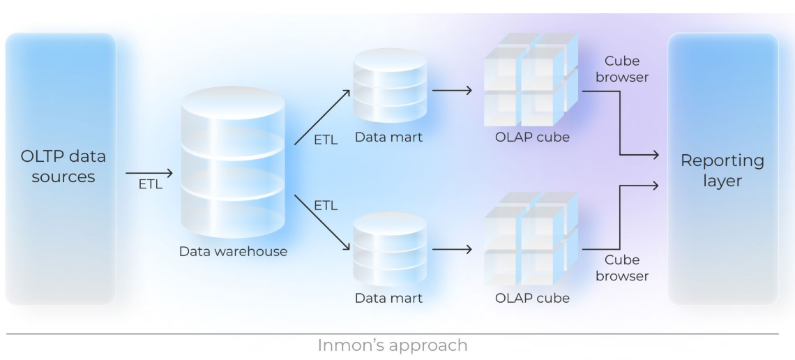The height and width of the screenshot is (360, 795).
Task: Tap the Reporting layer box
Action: pyautogui.click(x=722, y=169)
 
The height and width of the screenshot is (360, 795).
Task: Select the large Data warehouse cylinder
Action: pyautogui.click(x=233, y=164)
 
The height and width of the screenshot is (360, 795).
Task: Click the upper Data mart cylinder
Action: pyautogui.click(x=389, y=85)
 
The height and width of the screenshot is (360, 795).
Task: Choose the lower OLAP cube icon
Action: pyautogui.click(x=531, y=241)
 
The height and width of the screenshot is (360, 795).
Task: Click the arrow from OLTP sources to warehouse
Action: pyautogui.click(x=149, y=172)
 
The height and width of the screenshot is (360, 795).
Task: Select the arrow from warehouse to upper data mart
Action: pyautogui.click(x=323, y=116)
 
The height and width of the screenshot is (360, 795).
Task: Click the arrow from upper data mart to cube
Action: pyautogui.click(x=452, y=90)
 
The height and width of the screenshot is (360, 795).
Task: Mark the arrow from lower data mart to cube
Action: pyautogui.click(x=452, y=249)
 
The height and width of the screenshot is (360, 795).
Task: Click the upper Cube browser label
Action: pyautogui.click(x=622, y=69)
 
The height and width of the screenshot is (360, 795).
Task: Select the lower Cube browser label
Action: pyautogui.click(x=622, y=268)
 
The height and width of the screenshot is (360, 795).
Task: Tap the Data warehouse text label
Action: pyautogui.click(x=233, y=252)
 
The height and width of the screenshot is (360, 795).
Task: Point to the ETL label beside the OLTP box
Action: pyautogui.click(x=149, y=185)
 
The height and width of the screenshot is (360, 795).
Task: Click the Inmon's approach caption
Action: pyautogui.click(x=393, y=345)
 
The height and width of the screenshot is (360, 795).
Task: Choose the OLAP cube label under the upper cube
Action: pyautogui.click(x=532, y=137)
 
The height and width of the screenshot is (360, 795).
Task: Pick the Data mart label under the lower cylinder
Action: pyautogui.click(x=388, y=299)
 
